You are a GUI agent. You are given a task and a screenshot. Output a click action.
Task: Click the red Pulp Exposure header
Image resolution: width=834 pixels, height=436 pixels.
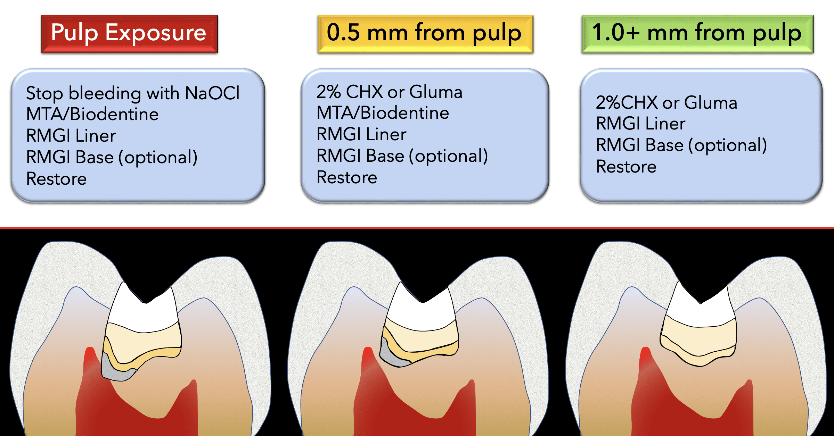click(129, 34)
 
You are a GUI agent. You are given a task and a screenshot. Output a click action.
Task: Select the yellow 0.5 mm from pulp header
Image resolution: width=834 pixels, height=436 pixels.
click(425, 34)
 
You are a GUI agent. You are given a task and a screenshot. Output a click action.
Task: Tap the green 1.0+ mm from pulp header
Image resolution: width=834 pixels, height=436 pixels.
click(697, 34)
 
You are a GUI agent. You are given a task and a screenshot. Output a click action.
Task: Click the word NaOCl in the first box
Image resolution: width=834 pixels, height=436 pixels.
click(212, 93)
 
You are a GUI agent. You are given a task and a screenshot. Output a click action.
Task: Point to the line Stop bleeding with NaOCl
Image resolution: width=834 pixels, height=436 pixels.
click(133, 93)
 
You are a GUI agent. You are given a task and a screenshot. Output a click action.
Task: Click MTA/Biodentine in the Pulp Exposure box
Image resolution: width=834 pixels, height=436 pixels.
click(92, 114)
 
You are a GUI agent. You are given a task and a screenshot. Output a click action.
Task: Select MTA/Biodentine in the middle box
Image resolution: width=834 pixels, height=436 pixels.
click(383, 113)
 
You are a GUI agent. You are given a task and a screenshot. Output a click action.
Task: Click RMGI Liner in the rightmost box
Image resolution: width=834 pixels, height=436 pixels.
click(640, 124)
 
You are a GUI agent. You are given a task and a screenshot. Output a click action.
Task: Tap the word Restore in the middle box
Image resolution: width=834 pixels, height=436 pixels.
click(346, 177)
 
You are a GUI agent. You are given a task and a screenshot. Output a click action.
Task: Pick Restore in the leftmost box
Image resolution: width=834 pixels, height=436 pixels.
click(56, 179)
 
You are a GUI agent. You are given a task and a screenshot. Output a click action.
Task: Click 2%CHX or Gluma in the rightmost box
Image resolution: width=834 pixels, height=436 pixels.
click(666, 102)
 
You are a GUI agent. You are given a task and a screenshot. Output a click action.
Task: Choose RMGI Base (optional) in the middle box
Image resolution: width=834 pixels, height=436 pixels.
click(402, 156)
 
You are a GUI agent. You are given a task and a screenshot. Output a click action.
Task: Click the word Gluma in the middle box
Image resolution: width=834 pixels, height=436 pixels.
click(436, 92)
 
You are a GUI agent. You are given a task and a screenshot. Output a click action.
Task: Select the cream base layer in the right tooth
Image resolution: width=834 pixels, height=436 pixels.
click(698, 338)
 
